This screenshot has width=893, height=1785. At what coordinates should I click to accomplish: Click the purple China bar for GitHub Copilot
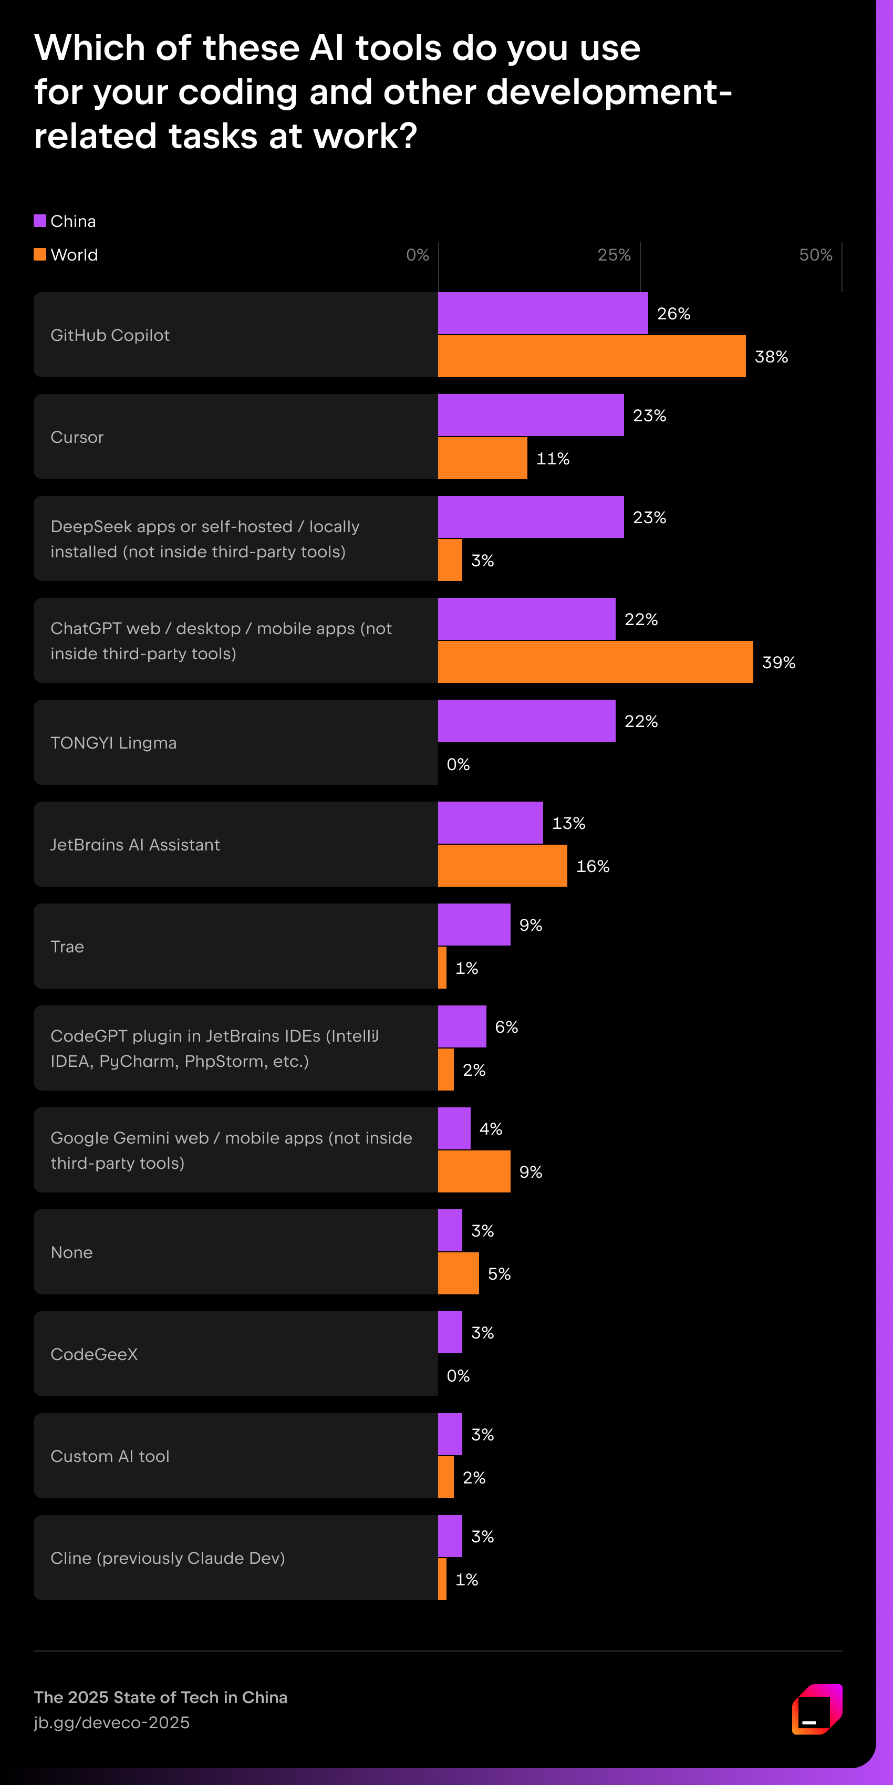point(543,313)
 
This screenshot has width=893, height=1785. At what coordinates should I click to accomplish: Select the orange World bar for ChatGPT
point(595,662)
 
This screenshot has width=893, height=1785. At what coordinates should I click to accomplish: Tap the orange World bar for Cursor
point(482,458)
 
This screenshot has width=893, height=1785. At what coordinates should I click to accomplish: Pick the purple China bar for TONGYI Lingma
point(526,721)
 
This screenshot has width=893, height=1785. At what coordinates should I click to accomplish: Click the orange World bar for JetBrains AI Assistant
point(502,866)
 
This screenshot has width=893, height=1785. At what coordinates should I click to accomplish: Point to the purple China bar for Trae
point(474,925)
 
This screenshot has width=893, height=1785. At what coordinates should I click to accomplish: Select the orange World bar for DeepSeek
point(450,560)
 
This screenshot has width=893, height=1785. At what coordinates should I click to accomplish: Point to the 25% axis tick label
point(614,255)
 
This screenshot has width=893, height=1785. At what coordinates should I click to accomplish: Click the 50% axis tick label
point(815,255)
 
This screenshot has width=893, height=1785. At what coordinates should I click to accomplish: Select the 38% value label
point(771,357)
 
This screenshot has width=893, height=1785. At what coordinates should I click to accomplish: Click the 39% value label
point(778,662)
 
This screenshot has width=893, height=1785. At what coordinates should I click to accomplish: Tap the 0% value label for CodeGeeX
point(458,1375)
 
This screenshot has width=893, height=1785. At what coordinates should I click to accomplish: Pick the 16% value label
point(593,866)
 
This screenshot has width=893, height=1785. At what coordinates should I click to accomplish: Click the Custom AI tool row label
point(110,1456)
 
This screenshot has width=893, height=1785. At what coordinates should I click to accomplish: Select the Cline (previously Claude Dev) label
point(168,1558)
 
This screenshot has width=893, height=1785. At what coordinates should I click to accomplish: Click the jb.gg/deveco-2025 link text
point(111,1722)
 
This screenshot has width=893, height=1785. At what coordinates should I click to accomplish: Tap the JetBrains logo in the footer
point(817,1709)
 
